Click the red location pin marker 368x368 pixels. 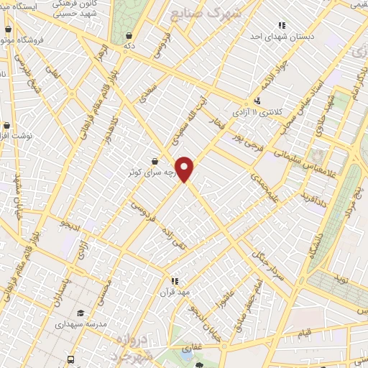[185, 169]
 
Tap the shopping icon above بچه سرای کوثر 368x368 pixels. [156, 162]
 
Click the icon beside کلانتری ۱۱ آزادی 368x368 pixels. [257, 101]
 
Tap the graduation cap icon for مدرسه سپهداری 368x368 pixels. [80, 312]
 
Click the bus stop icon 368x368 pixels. [70, 359]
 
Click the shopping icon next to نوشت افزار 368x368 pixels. [4, 134]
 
